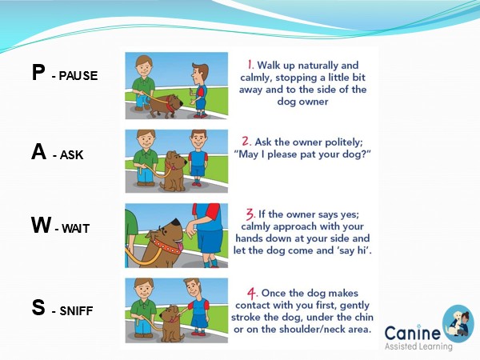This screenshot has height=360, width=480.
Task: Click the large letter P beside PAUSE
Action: tap(38, 73)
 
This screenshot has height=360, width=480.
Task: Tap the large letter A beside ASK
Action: tap(39, 151)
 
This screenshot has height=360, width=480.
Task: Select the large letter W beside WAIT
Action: tap(41, 225)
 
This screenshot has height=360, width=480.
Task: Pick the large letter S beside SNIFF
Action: tap(38, 307)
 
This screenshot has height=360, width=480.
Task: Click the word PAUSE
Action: tap(78, 76)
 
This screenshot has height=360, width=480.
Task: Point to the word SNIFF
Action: tap(76, 310)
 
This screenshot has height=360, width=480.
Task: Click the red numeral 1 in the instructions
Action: tap(250, 65)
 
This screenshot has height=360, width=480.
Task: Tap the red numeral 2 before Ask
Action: tap(246, 142)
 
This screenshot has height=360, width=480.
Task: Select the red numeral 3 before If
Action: tap(250, 214)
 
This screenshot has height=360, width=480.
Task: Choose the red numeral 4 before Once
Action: tap(252, 293)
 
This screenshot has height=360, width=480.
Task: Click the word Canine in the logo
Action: tap(412, 334)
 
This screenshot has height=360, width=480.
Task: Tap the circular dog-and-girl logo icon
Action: tap(458, 323)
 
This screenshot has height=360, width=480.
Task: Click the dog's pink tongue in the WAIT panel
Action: tap(179, 246)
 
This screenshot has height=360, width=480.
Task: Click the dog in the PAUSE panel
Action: tap(164, 106)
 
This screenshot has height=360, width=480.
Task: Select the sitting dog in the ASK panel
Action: tap(174, 171)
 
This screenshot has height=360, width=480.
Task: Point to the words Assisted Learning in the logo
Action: tap(418, 346)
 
